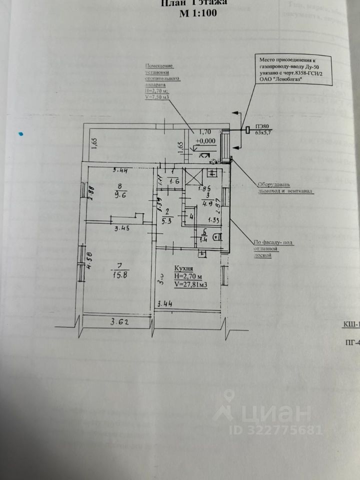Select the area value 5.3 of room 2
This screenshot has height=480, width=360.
click(168, 218)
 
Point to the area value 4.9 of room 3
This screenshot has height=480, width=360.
click(206, 203)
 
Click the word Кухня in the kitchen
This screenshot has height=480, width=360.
click(184, 268)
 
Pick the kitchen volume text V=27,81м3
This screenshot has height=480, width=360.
click(191, 284)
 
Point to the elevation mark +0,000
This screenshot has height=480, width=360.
click(205, 141)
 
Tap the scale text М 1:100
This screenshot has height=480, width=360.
click(198, 14)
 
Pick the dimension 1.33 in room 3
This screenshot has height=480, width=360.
click(214, 219)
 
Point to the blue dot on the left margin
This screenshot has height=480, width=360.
click(20, 134)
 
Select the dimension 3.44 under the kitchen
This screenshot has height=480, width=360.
click(165, 303)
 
